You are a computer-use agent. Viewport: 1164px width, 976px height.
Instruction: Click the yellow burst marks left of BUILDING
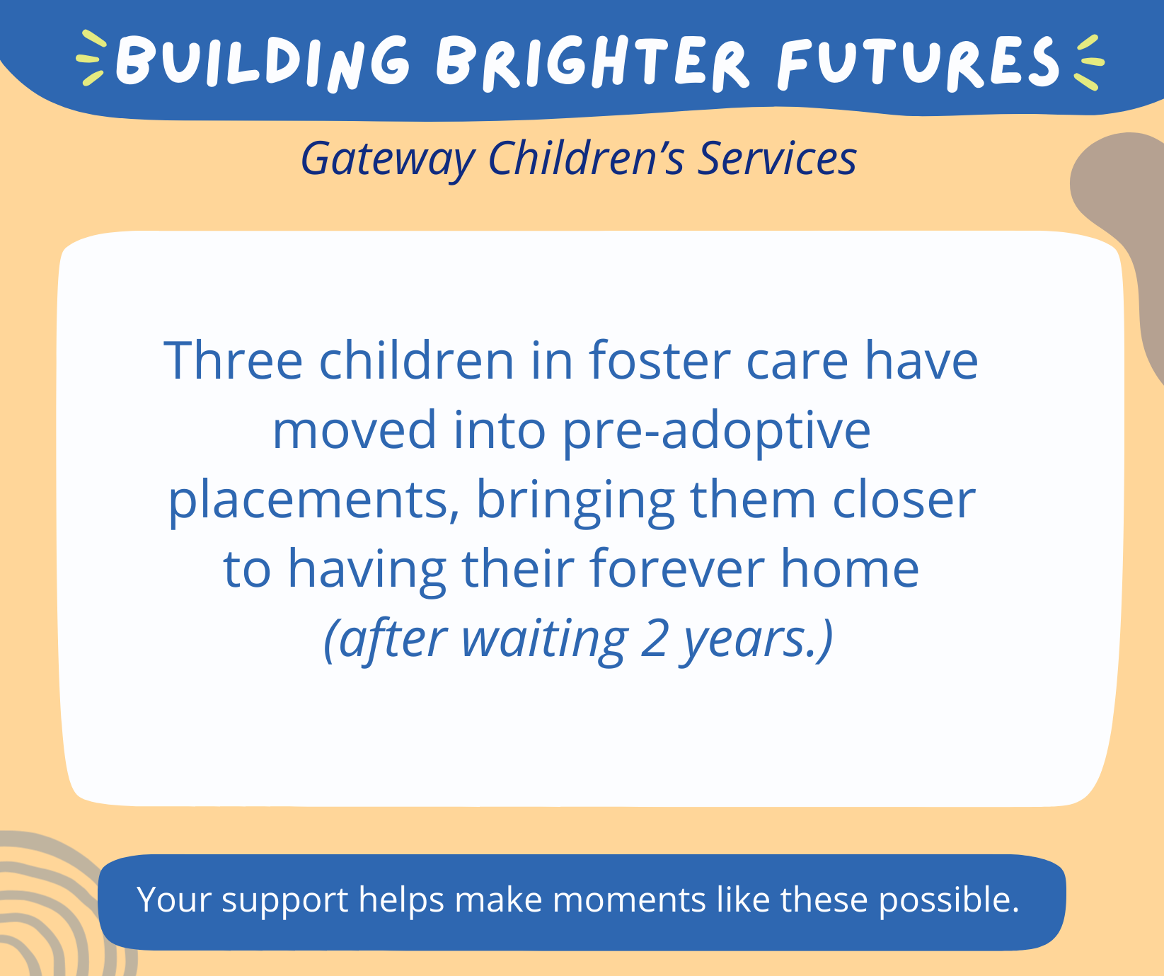pyautogui.click(x=91, y=58)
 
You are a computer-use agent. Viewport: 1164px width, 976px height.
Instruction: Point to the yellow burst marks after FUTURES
pyautogui.click(x=1088, y=62)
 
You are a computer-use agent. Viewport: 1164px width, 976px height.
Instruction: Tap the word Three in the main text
pyautogui.click(x=234, y=361)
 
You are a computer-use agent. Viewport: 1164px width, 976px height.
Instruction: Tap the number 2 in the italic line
pyautogui.click(x=654, y=638)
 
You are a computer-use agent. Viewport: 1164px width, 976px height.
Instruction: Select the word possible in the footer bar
pyautogui.click(x=948, y=900)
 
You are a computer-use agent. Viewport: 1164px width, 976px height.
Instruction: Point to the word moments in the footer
pyautogui.click(x=628, y=900)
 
